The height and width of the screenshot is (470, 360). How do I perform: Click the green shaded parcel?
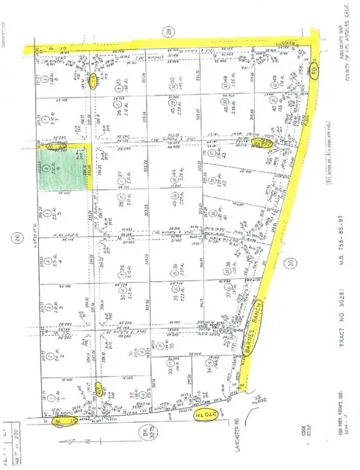tap(66, 167)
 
